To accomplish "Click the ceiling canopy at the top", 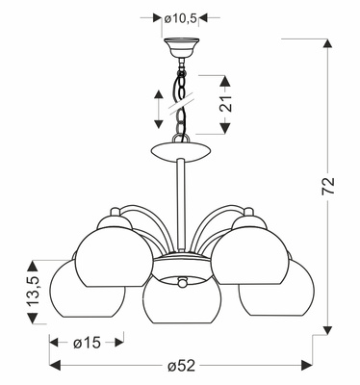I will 180,44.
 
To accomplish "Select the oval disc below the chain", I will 180,152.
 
